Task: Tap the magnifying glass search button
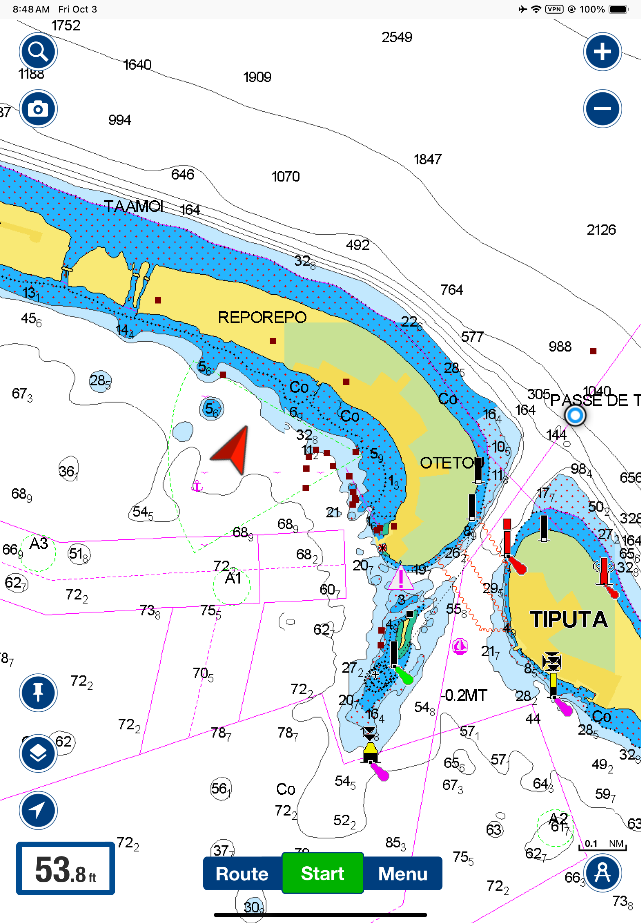click(38, 52)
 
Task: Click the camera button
click(38, 109)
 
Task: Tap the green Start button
click(322, 873)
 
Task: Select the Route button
click(242, 874)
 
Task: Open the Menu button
click(403, 874)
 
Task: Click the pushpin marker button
click(38, 692)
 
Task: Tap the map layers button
click(38, 752)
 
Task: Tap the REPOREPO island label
click(262, 318)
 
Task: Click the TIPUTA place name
click(568, 619)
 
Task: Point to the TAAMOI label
click(134, 207)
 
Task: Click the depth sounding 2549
click(396, 38)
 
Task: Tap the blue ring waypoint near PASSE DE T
click(575, 415)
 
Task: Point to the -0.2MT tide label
click(464, 695)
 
